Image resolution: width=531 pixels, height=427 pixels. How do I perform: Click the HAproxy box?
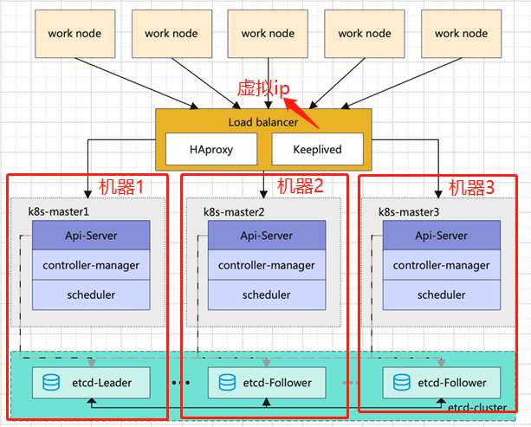[x=210, y=150]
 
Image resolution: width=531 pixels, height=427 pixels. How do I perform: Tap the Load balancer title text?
[x=263, y=122]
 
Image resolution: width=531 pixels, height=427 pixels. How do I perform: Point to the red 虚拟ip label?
[x=262, y=87]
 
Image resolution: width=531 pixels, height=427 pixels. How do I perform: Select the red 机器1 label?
[x=120, y=185]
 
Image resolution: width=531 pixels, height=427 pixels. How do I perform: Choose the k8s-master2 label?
[x=235, y=211]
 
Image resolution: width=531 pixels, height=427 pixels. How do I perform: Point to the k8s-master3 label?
[x=410, y=211]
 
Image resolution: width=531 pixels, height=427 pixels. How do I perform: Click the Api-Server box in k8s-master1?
[x=91, y=236]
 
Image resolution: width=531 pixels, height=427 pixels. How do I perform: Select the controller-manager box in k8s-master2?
[x=266, y=265]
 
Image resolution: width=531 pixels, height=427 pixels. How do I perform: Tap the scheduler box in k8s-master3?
[x=441, y=294]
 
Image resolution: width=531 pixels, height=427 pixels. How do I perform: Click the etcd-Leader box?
[x=91, y=382]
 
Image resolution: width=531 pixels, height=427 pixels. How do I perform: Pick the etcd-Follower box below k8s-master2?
[x=267, y=382]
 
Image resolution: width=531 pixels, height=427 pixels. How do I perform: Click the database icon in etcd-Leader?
[x=52, y=382]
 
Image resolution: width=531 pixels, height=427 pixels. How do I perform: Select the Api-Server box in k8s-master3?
[x=441, y=236]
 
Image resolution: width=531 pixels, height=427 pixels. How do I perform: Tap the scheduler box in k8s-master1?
[x=91, y=294]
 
